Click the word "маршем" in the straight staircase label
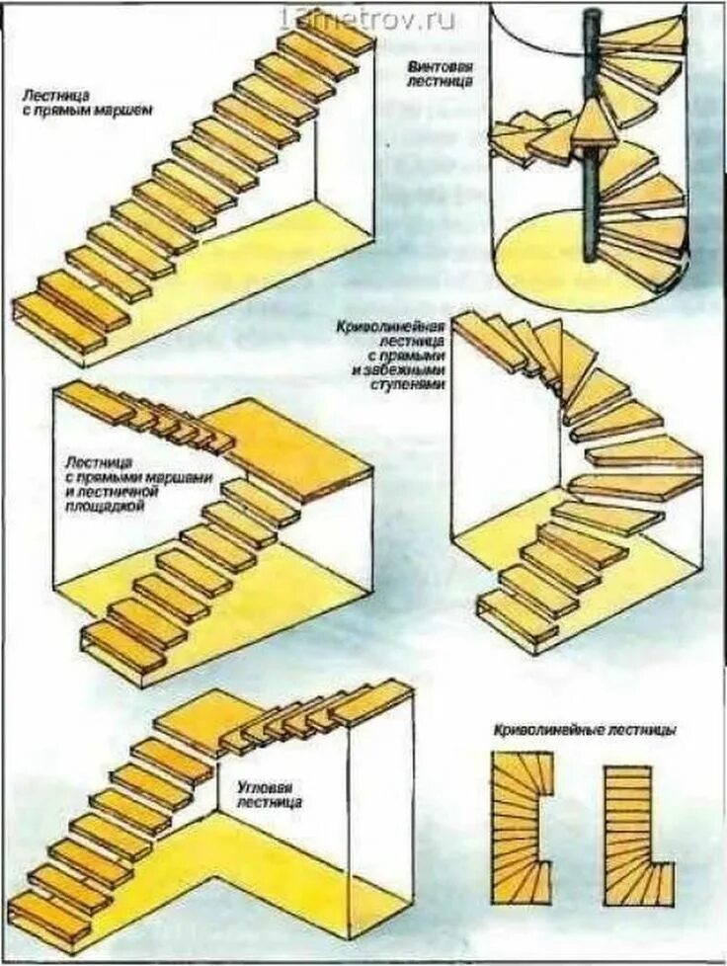125,111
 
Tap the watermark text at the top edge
367,19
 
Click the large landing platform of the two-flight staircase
286,444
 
